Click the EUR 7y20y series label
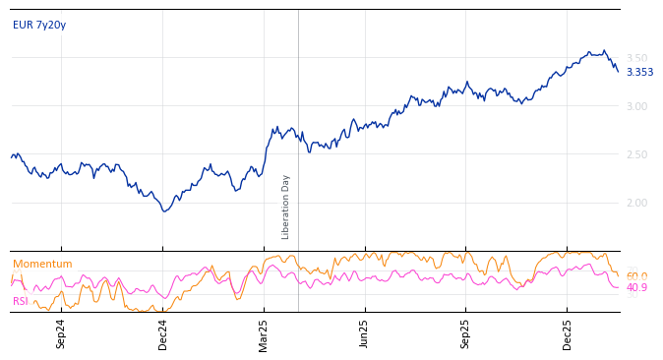click(39, 26)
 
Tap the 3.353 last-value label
click(639, 72)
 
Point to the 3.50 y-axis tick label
click(637, 58)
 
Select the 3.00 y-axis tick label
click(637, 106)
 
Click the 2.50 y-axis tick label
click(637, 154)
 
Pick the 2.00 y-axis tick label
click(637, 203)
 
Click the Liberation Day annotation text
click(286, 207)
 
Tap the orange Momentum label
click(42, 265)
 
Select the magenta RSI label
click(21, 301)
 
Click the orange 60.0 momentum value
click(636, 276)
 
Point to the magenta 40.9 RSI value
click(636, 287)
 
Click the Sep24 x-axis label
click(61, 333)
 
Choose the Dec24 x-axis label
click(163, 333)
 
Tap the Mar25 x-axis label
click(264, 333)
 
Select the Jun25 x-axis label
click(364, 333)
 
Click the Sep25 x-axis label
click(465, 333)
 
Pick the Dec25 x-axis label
click(567, 333)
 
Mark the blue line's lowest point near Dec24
click(165, 211)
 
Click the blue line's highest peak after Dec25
click(604, 50)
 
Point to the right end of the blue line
click(618, 71)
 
